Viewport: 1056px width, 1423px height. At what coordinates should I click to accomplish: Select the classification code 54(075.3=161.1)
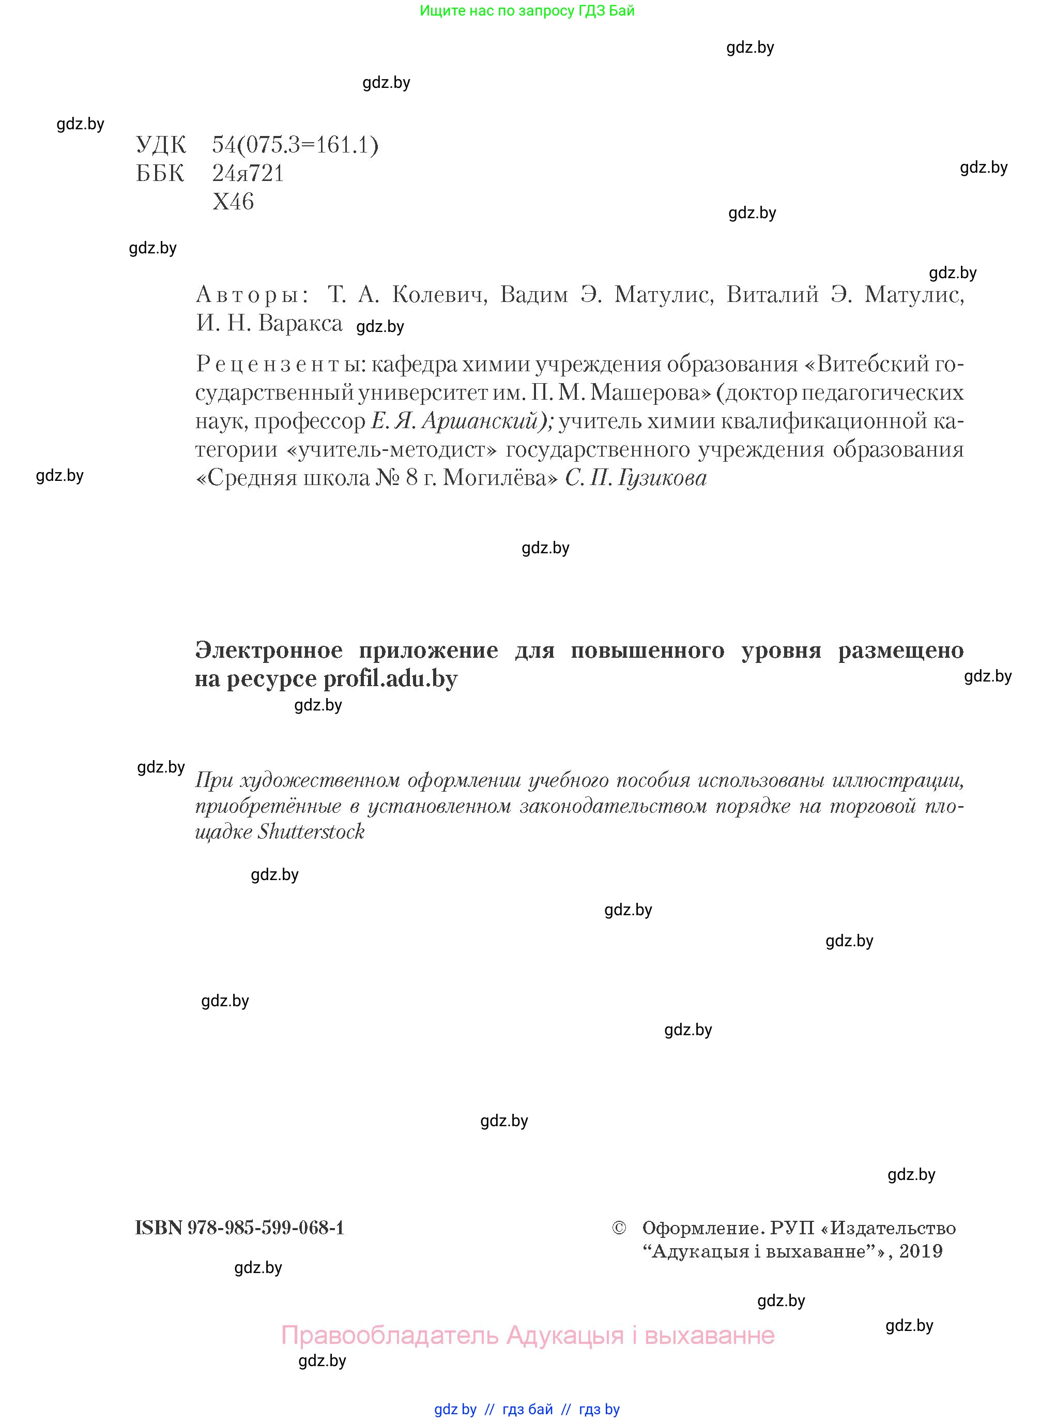(295, 145)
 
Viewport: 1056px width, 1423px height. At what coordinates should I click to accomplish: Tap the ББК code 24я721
(248, 173)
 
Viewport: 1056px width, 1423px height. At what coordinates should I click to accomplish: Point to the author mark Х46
(233, 202)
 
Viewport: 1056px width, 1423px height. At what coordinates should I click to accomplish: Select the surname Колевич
(439, 294)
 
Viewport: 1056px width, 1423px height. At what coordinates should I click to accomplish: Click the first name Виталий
(772, 294)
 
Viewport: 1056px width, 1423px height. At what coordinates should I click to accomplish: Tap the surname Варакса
(300, 323)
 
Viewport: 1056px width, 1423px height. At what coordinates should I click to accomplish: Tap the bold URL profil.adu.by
(390, 678)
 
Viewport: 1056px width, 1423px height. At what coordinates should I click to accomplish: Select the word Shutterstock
(311, 831)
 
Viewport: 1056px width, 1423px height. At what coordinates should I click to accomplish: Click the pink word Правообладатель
(389, 1335)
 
